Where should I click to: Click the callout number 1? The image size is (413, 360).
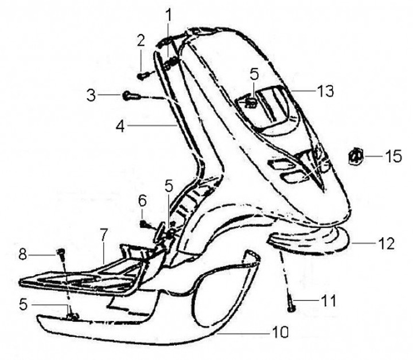coord(168,12)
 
